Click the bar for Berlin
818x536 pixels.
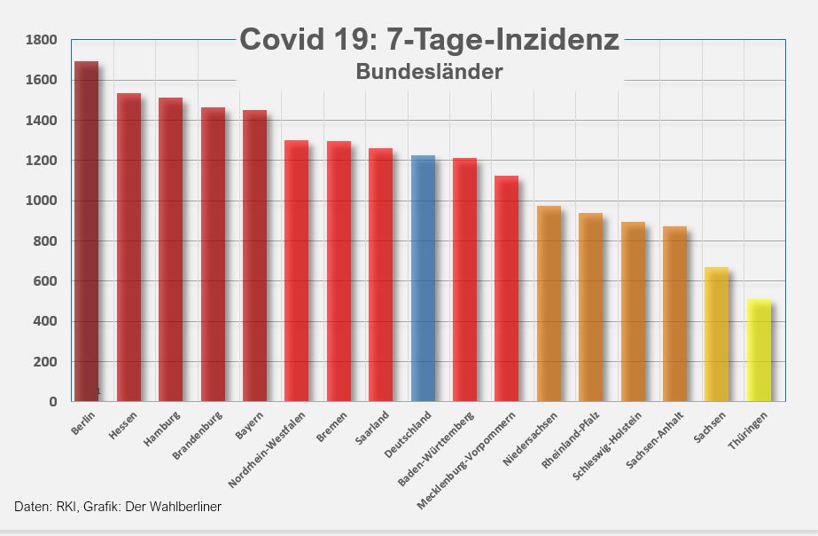pos(86,231)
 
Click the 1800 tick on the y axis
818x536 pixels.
pos(41,40)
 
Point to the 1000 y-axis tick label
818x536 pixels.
pos(41,201)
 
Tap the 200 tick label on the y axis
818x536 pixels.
pos(45,362)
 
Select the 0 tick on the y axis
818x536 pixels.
pos(53,402)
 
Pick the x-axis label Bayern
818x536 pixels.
pos(250,426)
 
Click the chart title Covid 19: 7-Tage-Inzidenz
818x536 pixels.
pos(430,40)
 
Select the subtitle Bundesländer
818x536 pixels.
pos(430,72)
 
